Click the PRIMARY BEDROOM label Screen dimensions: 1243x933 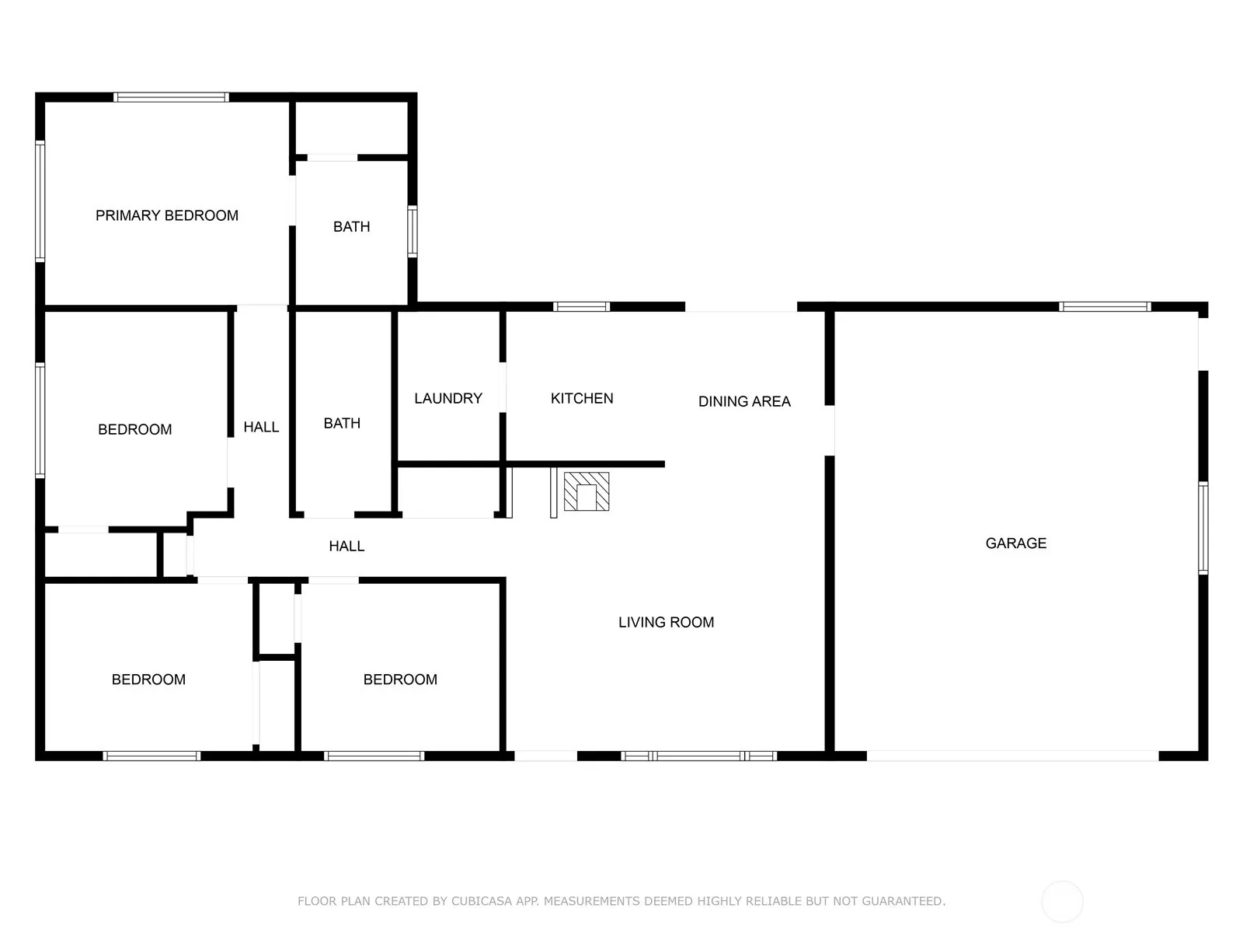166,215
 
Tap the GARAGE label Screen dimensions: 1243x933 1015,543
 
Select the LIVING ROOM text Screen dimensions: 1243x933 666,622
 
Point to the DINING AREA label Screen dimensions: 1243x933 744,401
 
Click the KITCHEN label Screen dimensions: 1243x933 582,398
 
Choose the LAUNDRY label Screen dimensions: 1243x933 448,398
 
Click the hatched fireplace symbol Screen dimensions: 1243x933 586,491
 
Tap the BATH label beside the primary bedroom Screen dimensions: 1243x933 351,226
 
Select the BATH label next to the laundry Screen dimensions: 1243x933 342,423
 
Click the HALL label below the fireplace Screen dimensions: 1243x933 346,546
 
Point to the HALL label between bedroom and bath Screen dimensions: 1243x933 261,427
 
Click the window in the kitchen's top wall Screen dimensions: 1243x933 581,306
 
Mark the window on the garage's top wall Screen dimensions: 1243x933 1104,306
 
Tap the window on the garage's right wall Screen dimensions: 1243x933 1203,527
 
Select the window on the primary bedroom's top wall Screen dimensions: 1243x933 171,97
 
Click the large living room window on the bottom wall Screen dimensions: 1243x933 698,756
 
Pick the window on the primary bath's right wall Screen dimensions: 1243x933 413,231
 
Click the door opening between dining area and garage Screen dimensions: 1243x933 829,431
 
